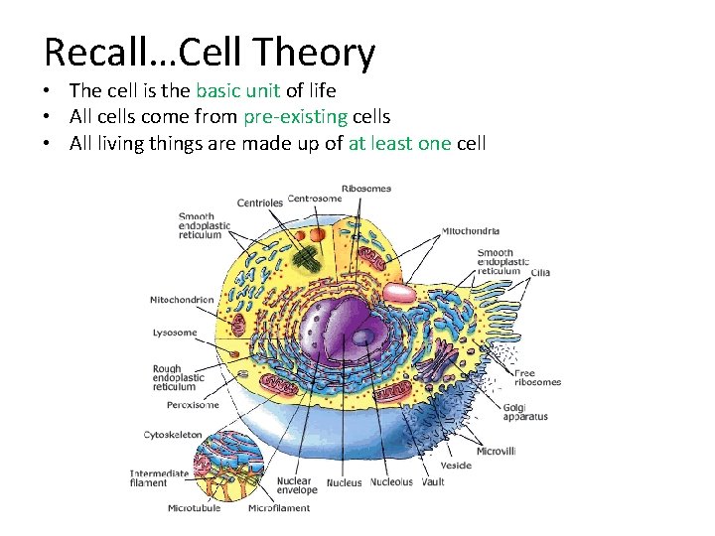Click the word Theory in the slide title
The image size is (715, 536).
pos(315,54)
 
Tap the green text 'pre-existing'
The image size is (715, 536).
pos(294,117)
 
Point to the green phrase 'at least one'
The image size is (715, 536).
pos(399,143)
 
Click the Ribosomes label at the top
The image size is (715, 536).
pos(366,189)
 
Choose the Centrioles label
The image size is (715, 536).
pos(259,203)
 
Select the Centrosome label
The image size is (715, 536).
pos(315,199)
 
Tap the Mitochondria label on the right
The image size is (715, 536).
pos(471,231)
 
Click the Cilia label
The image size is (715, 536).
pos(540,272)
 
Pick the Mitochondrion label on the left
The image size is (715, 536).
pos(182,300)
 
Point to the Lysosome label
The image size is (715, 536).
pos(175,334)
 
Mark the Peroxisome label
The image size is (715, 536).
pos(193,405)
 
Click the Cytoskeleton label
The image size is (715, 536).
pos(173,435)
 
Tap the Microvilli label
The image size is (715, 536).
pos(496,451)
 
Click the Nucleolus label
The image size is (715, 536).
pos(391,482)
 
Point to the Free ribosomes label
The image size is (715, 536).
pos(537,377)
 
